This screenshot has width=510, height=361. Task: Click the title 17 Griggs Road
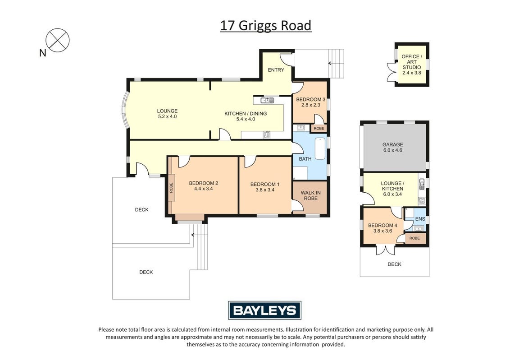point(266,26)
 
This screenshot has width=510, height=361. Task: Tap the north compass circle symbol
point(58,40)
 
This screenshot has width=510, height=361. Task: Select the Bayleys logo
point(264,310)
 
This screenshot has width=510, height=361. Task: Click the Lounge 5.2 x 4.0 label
point(167,114)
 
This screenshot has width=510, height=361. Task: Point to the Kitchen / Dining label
point(246,114)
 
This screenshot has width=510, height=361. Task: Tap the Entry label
point(276,70)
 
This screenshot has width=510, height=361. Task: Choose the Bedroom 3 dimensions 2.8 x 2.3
point(310,105)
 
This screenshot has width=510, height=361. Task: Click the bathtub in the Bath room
point(320,148)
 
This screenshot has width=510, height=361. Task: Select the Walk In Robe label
point(310,195)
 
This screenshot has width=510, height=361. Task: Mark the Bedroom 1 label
point(265,185)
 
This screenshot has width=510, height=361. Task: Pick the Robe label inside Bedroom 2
point(171,188)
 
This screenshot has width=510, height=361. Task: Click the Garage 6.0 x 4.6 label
point(392,147)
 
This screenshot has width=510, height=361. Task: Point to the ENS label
point(420,219)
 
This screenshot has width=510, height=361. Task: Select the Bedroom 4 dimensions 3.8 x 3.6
point(382,231)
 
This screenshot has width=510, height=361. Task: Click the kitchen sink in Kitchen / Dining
point(266,100)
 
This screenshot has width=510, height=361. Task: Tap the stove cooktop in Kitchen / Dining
point(266,134)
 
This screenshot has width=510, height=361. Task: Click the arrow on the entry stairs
point(330,63)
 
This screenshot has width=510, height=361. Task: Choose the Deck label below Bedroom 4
point(394,264)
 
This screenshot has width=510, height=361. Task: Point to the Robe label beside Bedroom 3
point(319,128)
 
